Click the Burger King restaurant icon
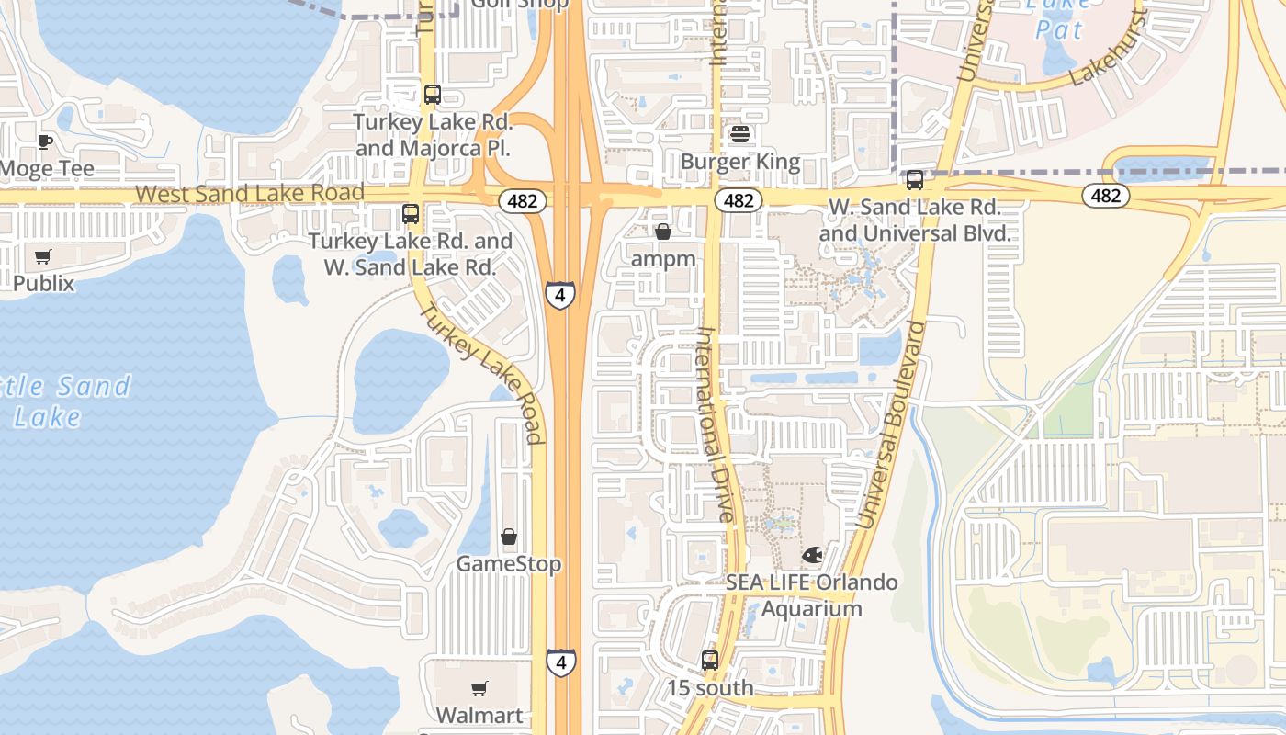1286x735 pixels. pyautogui.click(x=740, y=135)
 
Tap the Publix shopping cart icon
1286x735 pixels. pyautogui.click(x=43, y=257)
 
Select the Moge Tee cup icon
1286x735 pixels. pyautogui.click(x=44, y=141)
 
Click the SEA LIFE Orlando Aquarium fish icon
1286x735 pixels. pyautogui.click(x=812, y=555)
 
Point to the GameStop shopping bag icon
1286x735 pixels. pyautogui.click(x=508, y=537)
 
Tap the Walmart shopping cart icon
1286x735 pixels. pyautogui.click(x=479, y=688)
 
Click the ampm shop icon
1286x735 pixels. pyautogui.click(x=663, y=232)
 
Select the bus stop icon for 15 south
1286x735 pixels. pyautogui.click(x=709, y=660)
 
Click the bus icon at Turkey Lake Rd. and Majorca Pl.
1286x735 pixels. pyautogui.click(x=433, y=94)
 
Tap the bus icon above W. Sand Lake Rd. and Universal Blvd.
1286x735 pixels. pyautogui.click(x=914, y=180)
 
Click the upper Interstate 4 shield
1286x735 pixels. pyautogui.click(x=560, y=295)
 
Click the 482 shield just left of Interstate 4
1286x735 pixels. pyautogui.click(x=522, y=200)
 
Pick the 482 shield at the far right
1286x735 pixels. pyautogui.click(x=1106, y=195)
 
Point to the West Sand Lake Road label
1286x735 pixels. pyautogui.click(x=250, y=194)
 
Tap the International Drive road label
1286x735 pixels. pyautogui.click(x=716, y=424)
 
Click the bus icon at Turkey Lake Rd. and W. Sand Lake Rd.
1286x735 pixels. pyautogui.click(x=411, y=214)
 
